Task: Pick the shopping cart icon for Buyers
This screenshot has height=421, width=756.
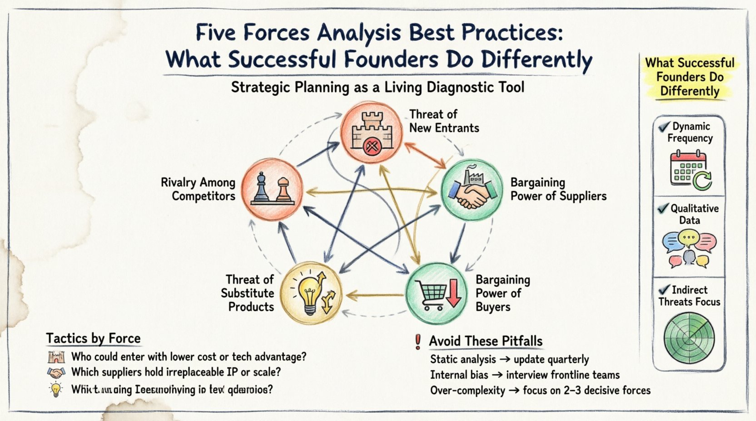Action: click(430, 294)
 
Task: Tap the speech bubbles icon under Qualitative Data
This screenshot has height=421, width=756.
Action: click(689, 248)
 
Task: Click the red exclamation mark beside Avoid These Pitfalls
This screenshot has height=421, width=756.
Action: click(418, 341)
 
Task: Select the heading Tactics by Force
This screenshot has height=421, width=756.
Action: click(93, 338)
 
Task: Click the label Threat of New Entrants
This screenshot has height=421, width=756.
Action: click(444, 121)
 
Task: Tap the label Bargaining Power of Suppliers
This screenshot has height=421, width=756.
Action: click(558, 189)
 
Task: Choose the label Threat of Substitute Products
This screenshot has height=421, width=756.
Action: click(248, 293)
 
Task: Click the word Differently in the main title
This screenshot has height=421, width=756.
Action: click(536, 60)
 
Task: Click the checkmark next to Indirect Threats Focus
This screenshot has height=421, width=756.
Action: click(664, 289)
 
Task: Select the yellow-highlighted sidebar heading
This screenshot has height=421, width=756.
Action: click(690, 77)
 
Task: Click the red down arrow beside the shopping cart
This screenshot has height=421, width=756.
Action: click(453, 293)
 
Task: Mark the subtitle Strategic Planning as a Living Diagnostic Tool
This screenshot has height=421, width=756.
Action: click(378, 87)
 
